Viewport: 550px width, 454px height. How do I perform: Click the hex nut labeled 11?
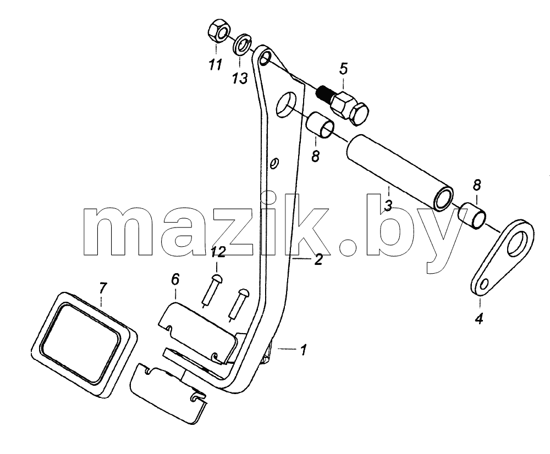[x=218, y=32]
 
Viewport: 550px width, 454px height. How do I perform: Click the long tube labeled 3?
[x=400, y=174]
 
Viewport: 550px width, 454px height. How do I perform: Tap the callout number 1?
[x=304, y=350]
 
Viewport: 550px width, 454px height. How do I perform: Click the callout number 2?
[x=318, y=260]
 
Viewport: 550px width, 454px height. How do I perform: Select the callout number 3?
[x=388, y=206]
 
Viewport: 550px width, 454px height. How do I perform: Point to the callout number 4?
[x=479, y=319]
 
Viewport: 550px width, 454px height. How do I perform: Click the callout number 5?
[x=343, y=69]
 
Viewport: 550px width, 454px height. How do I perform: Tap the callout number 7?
[x=101, y=288]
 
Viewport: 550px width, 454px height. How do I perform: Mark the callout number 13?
[x=240, y=78]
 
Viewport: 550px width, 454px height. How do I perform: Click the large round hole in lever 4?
[x=519, y=242]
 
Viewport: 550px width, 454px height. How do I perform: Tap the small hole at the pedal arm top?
[x=266, y=58]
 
